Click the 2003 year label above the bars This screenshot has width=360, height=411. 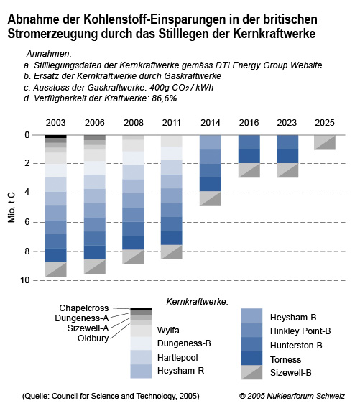[x=55, y=123]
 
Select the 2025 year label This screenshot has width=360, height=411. [x=325, y=123]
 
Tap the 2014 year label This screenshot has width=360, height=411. [x=211, y=123]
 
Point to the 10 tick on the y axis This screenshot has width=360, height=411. [x=25, y=280]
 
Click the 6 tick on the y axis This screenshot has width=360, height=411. [x=27, y=222]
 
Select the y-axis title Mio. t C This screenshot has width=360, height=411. [x=11, y=208]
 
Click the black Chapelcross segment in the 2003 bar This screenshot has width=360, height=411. [x=55, y=137]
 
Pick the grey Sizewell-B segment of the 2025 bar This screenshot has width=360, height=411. [x=325, y=142]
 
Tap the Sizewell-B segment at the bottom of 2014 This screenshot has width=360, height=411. [x=211, y=199]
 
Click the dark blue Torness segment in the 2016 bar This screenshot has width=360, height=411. [x=249, y=156]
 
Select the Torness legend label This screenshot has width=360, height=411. [x=285, y=359]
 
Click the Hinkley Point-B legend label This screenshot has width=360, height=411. [x=300, y=331]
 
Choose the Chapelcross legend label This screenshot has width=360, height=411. [x=84, y=308]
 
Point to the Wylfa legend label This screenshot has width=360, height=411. [x=168, y=331]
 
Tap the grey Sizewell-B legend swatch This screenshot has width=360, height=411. [x=251, y=372]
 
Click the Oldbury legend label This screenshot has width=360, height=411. [x=93, y=338]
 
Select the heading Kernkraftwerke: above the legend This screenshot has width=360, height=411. [x=198, y=302]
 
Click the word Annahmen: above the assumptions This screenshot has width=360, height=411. [x=49, y=54]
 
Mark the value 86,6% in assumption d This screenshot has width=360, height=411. [x=165, y=98]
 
